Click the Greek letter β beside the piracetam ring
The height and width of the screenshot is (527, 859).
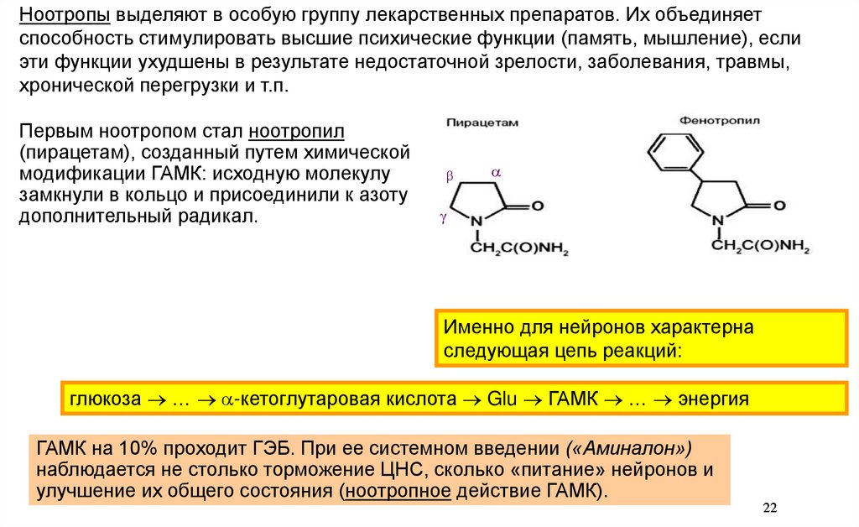448,176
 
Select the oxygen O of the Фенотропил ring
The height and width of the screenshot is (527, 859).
779,205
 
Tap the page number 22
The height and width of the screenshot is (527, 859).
771,508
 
